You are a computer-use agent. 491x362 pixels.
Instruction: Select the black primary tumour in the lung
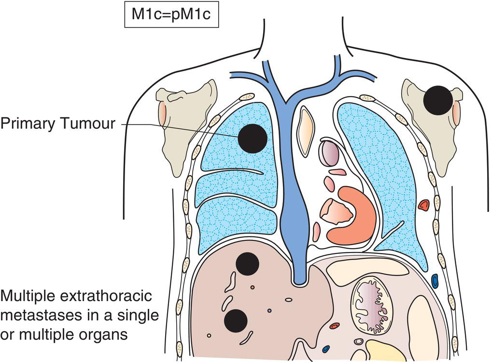pyautogui.click(x=253, y=138)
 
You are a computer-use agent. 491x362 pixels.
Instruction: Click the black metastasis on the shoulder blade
pyautogui.click(x=438, y=100)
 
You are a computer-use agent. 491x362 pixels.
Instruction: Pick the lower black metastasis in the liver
pyautogui.click(x=236, y=320)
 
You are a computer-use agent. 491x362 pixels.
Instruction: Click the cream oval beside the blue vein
pyautogui.click(x=306, y=131)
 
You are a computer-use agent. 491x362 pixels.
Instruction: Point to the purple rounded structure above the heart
pyautogui.click(x=329, y=153)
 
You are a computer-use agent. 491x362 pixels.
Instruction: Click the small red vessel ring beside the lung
pyautogui.click(x=424, y=206)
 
